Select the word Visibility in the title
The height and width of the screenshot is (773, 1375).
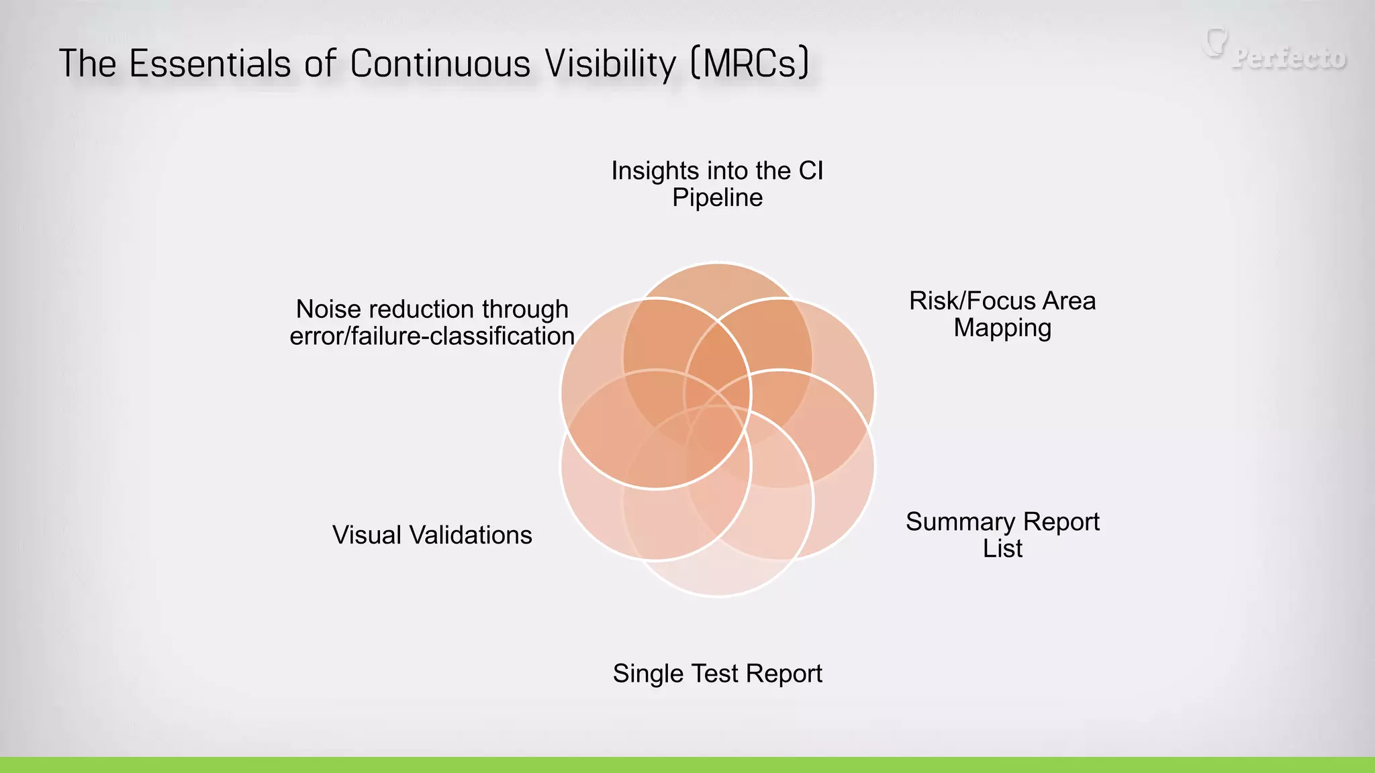coord(610,64)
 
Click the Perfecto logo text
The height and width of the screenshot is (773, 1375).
coord(1289,58)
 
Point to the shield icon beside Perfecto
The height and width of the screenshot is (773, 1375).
coord(1215,42)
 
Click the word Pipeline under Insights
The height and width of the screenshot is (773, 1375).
coord(717,198)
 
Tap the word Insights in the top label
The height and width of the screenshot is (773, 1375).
coord(645,171)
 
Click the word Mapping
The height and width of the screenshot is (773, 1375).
coord(1002,328)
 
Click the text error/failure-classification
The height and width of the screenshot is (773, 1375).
coord(432,336)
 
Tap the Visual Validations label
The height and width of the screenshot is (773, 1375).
coord(432,535)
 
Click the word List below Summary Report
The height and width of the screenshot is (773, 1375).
coord(1002,549)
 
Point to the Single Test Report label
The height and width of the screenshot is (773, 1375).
coord(717,674)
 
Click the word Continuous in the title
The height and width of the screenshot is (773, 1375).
coord(440,64)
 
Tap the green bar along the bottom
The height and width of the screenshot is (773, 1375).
coord(687,765)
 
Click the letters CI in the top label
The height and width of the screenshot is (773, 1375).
coord(810,171)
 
